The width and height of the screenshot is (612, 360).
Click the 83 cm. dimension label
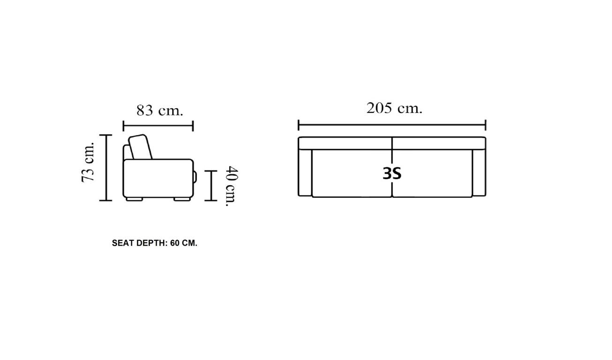point(159,111)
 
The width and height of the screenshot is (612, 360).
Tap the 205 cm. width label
point(394,108)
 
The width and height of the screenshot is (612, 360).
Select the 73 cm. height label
point(88,162)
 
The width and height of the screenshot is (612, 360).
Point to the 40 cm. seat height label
point(232,186)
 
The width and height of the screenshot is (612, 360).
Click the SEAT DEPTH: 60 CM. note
point(154,243)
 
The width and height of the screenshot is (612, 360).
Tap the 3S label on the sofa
point(392,173)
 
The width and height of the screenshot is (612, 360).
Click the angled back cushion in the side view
point(140,147)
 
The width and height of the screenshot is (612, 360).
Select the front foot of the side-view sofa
point(182,199)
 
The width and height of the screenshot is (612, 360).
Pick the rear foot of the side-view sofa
point(135,199)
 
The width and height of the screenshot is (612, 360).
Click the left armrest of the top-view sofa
point(305,172)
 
